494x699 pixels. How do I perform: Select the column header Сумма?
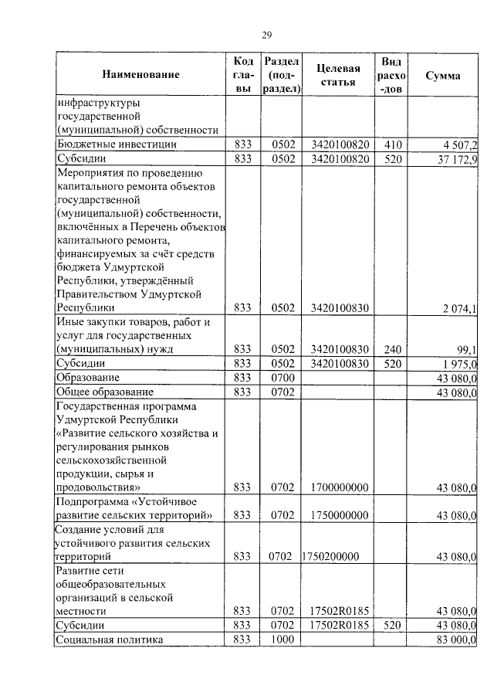pos(443,76)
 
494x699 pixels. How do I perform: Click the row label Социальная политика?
pos(110,640)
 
